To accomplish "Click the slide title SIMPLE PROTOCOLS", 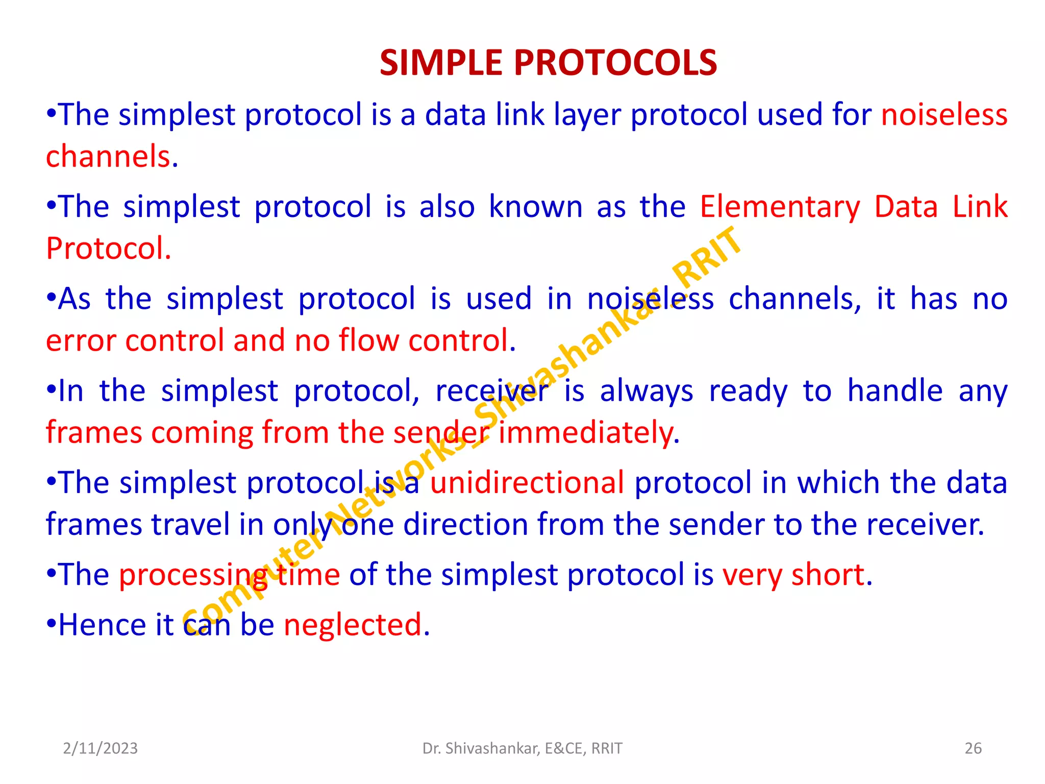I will (548, 63).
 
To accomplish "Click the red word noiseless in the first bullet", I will (944, 114).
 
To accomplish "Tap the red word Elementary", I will (780, 207).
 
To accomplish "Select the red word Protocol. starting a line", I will (108, 249).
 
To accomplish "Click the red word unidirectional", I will (527, 483).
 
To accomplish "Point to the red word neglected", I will (353, 625).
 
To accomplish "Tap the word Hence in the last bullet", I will (103, 625).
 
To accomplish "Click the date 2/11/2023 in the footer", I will (100, 748).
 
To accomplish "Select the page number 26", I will (973, 748).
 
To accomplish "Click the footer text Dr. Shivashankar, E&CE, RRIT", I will (522, 748).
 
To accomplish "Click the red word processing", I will (194, 575).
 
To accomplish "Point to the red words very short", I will (793, 575).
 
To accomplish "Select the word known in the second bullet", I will (535, 207).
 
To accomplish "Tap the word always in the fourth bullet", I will (646, 391).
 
